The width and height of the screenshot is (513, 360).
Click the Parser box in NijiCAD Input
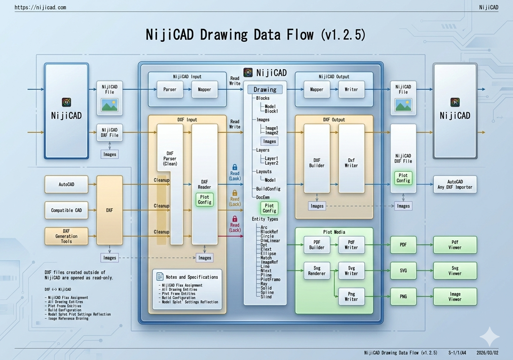pyautogui.click(x=170, y=90)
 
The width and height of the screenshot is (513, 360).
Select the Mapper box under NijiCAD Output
pyautogui.click(x=316, y=90)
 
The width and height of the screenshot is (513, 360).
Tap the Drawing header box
pyautogui.click(x=265, y=90)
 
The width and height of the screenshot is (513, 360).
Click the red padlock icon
pyautogui.click(x=235, y=219)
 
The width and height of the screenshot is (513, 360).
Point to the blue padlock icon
pyautogui.click(x=235, y=167)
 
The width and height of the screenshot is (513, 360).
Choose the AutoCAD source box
pyautogui.click(x=67, y=184)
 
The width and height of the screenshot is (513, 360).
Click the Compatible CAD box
pyautogui.click(x=67, y=210)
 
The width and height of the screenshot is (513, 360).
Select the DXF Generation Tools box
pyautogui.click(x=67, y=236)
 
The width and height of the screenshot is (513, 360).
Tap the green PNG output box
pyautogui.click(x=403, y=296)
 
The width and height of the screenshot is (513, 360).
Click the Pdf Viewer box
pyautogui.click(x=455, y=245)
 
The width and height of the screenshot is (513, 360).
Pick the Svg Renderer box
pyautogui.click(x=316, y=270)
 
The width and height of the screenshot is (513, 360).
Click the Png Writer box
pyautogui.click(x=351, y=296)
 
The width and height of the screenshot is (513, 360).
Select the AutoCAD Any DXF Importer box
pyautogui.click(x=455, y=185)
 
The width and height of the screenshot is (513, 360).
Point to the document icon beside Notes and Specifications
pyautogui.click(x=160, y=277)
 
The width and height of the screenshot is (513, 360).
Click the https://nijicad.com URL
pyautogui.click(x=40, y=7)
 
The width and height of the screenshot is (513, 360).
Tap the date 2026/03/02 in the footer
pyautogui.click(x=487, y=352)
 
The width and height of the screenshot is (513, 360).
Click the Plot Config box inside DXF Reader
pyautogui.click(x=204, y=200)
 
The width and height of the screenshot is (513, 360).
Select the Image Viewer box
pyautogui.click(x=455, y=296)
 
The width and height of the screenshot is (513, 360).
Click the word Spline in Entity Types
pyautogui.click(x=266, y=292)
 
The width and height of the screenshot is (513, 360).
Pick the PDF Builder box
pyautogui.click(x=316, y=245)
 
